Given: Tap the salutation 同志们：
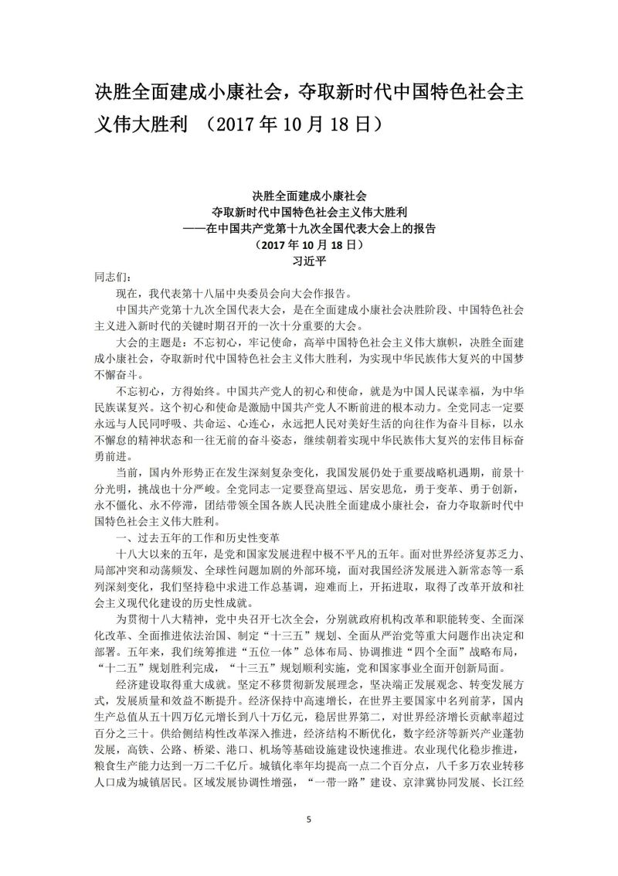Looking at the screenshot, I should (x=114, y=276).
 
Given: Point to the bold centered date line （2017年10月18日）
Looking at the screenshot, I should (x=308, y=244).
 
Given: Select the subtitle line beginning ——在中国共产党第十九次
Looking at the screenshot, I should (x=308, y=228).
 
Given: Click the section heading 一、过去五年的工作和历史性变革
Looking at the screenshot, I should (x=194, y=536).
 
